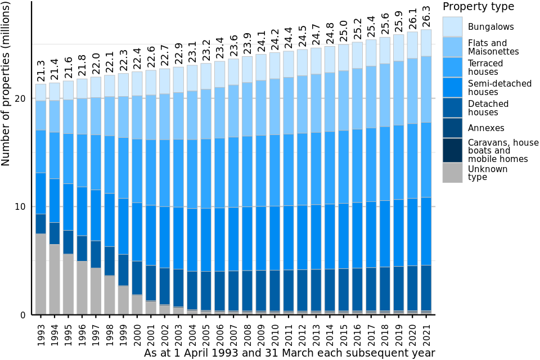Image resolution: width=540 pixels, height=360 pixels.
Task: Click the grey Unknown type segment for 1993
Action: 40,274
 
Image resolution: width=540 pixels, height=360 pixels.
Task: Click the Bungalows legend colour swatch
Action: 452,26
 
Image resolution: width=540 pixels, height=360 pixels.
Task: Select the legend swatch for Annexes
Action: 452,128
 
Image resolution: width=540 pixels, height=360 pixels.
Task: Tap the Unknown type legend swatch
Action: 452,173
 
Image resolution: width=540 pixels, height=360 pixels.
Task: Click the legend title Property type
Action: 478,7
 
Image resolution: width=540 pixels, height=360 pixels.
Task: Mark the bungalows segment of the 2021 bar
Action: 426,43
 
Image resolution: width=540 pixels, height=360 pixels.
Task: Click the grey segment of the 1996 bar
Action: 82,287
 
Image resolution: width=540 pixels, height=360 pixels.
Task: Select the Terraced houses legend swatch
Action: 452,67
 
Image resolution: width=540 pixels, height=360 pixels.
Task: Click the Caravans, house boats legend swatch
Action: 452,150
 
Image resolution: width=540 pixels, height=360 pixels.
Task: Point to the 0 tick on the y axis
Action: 23,315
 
